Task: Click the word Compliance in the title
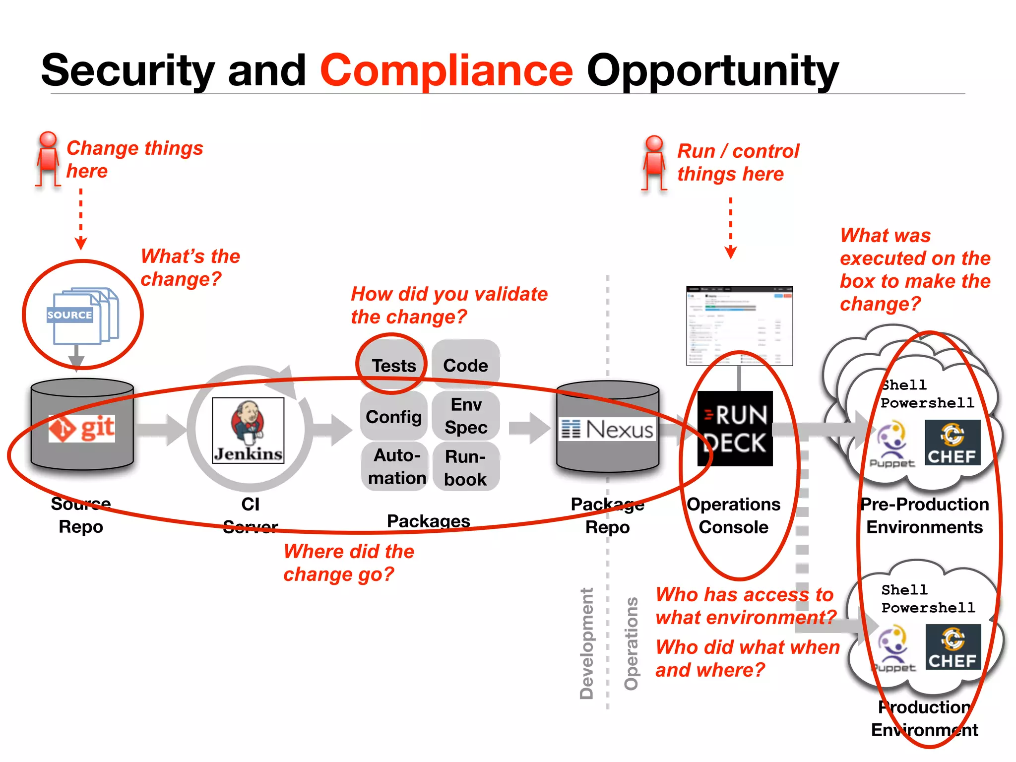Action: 446,70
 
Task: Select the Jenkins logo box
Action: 248,431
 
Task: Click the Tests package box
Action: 393,366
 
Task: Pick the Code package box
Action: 465,366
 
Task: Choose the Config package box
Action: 393,417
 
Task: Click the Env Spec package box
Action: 465,416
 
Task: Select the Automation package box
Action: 395,466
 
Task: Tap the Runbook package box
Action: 465,468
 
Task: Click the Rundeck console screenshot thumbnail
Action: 739,325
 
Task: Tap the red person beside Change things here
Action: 48,159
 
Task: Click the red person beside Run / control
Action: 654,163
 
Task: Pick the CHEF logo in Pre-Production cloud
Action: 952,443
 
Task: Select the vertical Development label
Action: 586,643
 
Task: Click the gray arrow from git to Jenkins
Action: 161,430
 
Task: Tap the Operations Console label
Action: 733,515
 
